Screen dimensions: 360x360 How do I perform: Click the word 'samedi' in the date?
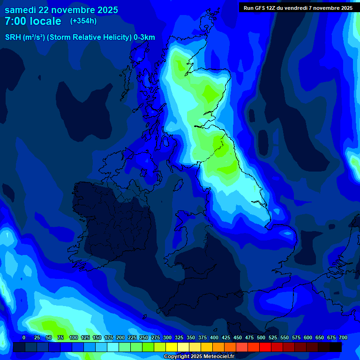(20, 10)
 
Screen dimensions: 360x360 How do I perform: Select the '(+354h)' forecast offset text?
(83, 21)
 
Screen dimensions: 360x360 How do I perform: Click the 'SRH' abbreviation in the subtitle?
(13, 37)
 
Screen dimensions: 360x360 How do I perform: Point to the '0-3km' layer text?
(144, 37)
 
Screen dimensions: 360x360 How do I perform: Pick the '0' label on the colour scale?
(24, 337)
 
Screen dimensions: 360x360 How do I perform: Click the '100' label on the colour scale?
(73, 337)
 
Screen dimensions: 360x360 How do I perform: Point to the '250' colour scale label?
(143, 337)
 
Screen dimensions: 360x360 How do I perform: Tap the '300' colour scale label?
(167, 337)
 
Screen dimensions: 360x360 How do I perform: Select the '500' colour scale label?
(261, 337)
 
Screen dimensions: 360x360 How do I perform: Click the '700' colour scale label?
(343, 337)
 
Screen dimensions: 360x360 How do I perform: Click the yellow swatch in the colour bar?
(172, 347)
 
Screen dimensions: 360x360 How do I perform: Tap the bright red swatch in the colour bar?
(265, 347)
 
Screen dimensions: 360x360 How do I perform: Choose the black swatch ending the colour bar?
(336, 347)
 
